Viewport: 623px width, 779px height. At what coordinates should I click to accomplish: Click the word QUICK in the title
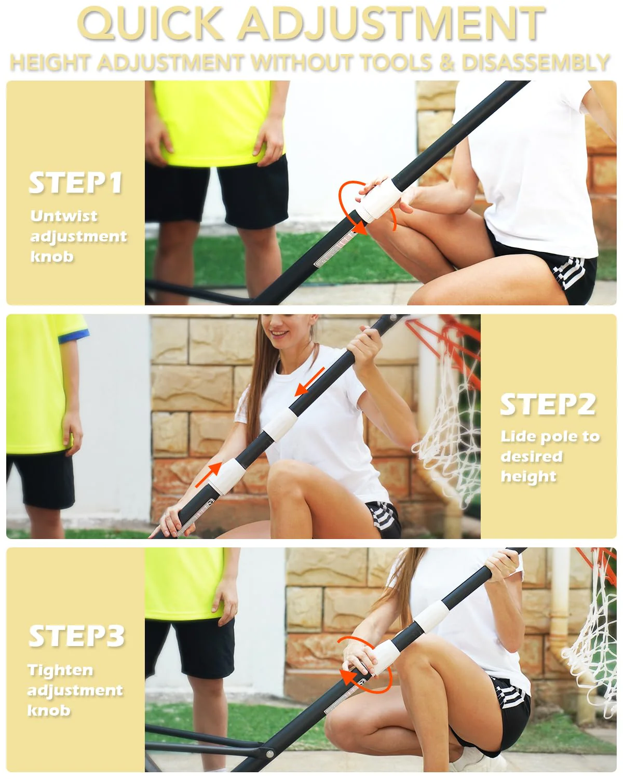(x=150, y=24)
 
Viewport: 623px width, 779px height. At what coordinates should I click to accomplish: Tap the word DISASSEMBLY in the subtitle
(x=536, y=62)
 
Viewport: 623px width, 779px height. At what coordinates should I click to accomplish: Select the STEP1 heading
(x=76, y=183)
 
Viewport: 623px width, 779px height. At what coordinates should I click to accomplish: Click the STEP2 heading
(x=548, y=404)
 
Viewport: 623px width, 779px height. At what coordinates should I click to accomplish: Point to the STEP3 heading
(x=77, y=636)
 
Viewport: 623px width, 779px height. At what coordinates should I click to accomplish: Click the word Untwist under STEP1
(x=64, y=216)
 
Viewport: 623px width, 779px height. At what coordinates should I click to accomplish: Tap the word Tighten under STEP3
(x=60, y=670)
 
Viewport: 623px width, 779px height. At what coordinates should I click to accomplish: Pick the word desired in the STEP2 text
(x=532, y=456)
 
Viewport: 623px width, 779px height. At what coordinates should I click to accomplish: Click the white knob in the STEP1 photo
(x=378, y=200)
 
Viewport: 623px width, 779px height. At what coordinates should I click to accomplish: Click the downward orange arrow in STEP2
(x=309, y=382)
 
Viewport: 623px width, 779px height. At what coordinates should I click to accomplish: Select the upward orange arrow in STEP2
(x=209, y=474)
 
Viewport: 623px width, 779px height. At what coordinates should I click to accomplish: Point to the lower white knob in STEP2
(x=228, y=476)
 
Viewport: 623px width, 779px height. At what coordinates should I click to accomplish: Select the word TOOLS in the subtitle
(x=397, y=62)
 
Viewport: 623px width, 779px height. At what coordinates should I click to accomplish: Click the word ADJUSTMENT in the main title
(x=391, y=24)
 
